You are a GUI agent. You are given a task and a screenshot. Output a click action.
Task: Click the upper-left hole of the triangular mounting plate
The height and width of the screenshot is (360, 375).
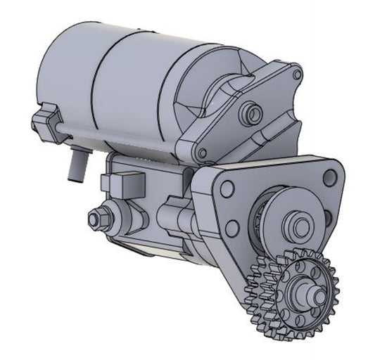pos(227,188)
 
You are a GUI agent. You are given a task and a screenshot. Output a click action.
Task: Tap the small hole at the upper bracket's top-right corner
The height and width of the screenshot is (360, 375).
pos(297,73)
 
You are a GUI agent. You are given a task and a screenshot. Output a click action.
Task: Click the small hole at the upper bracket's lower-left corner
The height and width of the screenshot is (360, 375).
pos(203,153)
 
